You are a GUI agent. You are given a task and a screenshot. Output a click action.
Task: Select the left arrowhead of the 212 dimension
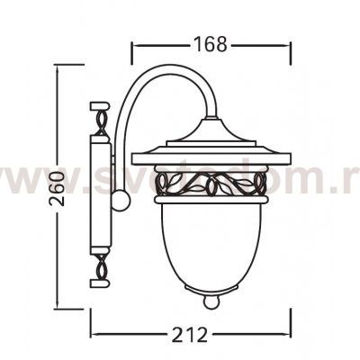click(93, 334)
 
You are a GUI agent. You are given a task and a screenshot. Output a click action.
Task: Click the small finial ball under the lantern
click(212, 303)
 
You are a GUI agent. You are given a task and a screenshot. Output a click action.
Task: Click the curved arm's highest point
click(162, 74)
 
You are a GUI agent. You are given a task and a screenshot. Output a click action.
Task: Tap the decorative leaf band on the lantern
click(212, 187)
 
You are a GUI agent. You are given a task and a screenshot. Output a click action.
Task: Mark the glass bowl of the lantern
click(212, 243)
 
